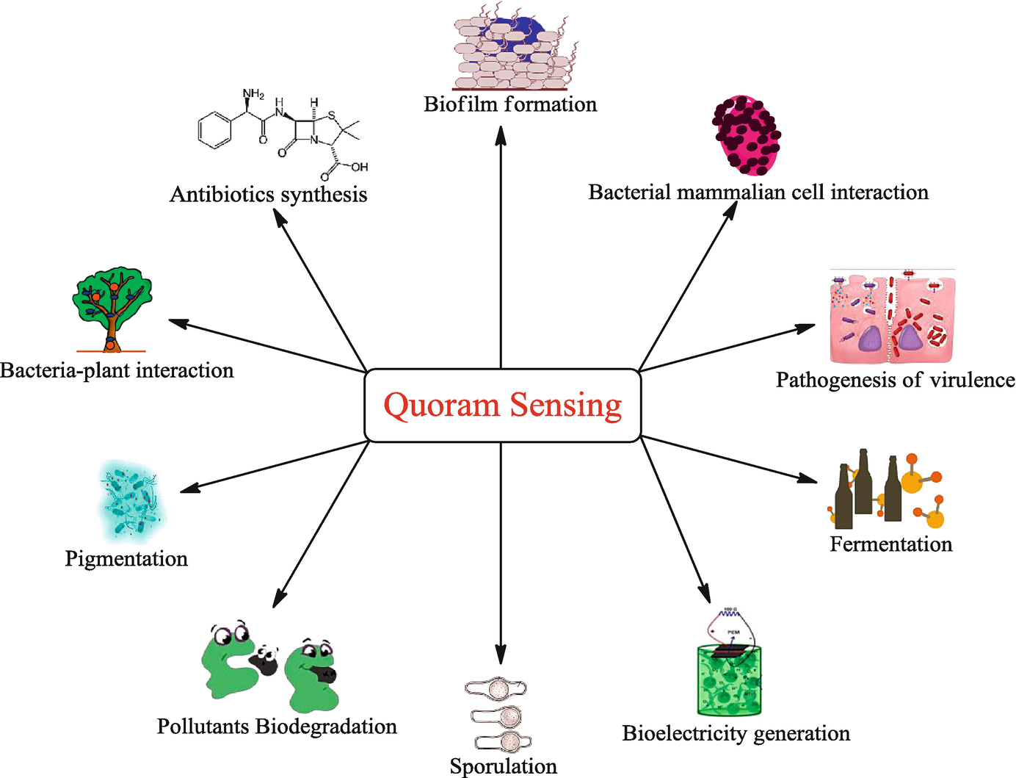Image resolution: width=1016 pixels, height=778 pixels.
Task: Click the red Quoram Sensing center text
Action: pyautogui.click(x=503, y=405)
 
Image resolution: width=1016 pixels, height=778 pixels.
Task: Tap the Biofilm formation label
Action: pyautogui.click(x=510, y=104)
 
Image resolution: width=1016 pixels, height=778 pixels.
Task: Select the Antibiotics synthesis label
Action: pyautogui.click(x=269, y=194)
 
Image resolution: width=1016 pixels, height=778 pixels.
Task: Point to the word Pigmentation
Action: pyautogui.click(x=126, y=558)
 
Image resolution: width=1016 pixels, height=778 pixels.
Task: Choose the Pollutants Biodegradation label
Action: pyautogui.click(x=277, y=727)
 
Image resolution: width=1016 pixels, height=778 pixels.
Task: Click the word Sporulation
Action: pyautogui.click(x=504, y=766)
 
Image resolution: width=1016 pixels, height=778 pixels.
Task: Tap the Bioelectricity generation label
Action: pyautogui.click(x=736, y=733)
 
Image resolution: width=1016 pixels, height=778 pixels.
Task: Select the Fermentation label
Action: pyautogui.click(x=890, y=544)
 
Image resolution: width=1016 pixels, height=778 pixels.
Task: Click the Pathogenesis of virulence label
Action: pyautogui.click(x=896, y=380)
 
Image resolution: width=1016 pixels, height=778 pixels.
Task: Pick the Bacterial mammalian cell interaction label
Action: pyautogui.click(x=758, y=192)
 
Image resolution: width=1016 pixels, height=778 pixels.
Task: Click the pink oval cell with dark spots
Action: pyautogui.click(x=746, y=135)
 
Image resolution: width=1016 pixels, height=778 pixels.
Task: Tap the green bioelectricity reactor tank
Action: pyautogui.click(x=729, y=680)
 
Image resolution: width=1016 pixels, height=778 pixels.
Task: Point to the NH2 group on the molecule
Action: pyautogui.click(x=253, y=94)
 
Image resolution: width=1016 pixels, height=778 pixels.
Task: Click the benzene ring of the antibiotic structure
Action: pyautogui.click(x=215, y=131)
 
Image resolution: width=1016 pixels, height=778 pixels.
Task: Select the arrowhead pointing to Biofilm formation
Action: pyautogui.click(x=501, y=134)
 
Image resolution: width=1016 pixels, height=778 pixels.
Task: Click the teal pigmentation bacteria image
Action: pyautogui.click(x=131, y=500)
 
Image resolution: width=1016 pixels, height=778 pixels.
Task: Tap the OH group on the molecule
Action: pyautogui.click(x=359, y=167)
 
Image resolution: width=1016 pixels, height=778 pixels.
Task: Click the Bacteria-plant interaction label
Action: pyautogui.click(x=117, y=370)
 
